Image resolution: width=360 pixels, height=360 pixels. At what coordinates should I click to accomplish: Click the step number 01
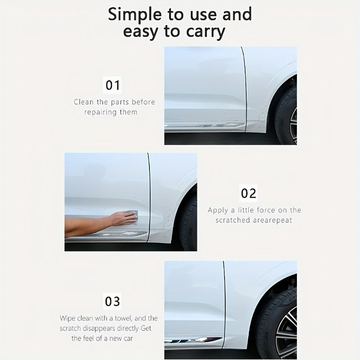tap(112, 85)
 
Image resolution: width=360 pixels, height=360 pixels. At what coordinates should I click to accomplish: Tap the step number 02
tap(248, 193)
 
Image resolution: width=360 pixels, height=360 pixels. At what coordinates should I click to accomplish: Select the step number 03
tap(112, 301)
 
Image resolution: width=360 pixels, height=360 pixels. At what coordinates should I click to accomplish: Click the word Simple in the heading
tap(135, 14)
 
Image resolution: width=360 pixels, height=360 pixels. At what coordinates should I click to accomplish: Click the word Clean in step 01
tap(84, 102)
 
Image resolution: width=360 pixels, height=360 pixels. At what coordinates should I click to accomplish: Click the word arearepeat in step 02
tap(273, 220)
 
